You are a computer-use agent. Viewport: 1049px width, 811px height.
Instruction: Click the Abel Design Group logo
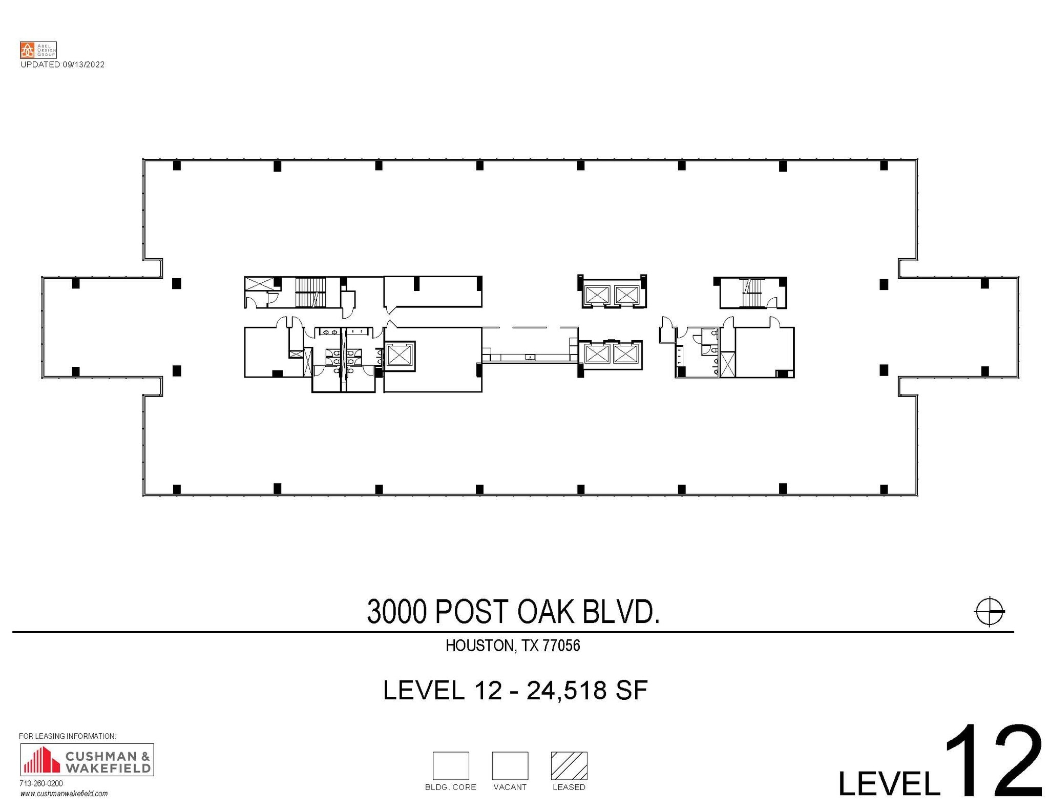coord(38,50)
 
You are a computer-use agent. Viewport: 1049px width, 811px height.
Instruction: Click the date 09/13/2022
coord(83,65)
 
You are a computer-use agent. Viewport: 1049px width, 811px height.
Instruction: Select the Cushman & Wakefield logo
coord(87,759)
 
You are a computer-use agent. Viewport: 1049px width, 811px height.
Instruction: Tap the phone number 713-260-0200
coord(41,783)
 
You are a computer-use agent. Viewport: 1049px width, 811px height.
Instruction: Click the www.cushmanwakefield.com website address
coord(64,794)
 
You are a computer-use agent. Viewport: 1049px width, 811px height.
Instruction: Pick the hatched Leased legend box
coord(569,765)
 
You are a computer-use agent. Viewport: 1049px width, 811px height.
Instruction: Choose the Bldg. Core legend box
coord(450,765)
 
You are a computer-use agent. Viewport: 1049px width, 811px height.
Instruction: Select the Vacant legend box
coord(510,765)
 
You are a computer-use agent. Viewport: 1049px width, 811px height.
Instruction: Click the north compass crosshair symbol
coord(989,611)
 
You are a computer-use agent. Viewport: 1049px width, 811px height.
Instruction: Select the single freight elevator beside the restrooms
coord(400,355)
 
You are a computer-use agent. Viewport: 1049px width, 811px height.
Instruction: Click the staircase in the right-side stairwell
coord(751,293)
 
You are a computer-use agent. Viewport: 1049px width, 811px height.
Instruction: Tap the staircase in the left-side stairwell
coord(310,293)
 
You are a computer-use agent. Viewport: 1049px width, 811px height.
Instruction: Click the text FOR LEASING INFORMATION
coord(68,736)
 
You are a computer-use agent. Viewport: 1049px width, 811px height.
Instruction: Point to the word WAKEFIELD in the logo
coord(108,768)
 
